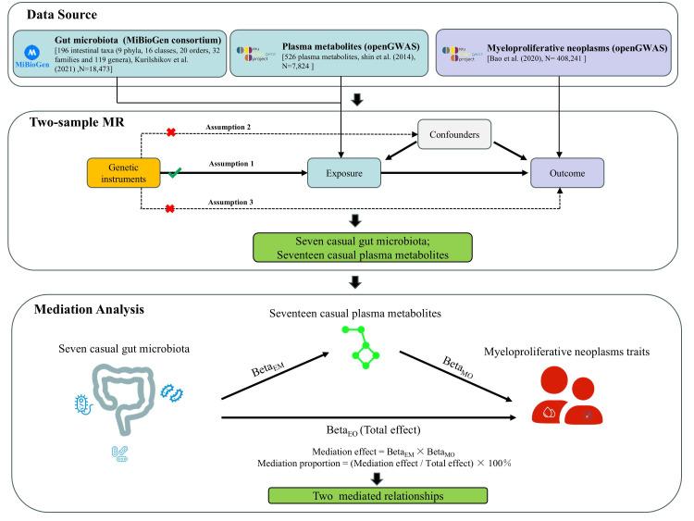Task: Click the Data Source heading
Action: point(54,16)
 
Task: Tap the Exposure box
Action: point(344,172)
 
